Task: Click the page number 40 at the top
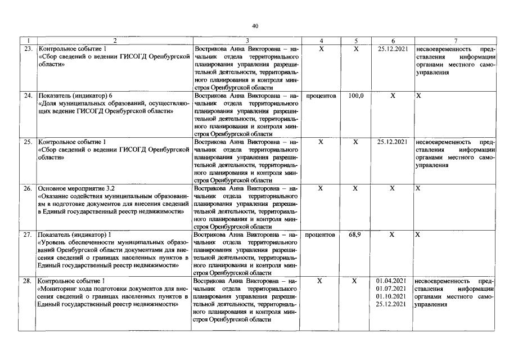click(x=255, y=26)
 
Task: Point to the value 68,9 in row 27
click(x=355, y=234)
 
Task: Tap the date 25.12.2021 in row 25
click(x=392, y=142)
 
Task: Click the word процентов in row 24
click(x=321, y=96)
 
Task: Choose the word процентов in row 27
click(x=321, y=234)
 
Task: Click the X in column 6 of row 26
click(x=393, y=188)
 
